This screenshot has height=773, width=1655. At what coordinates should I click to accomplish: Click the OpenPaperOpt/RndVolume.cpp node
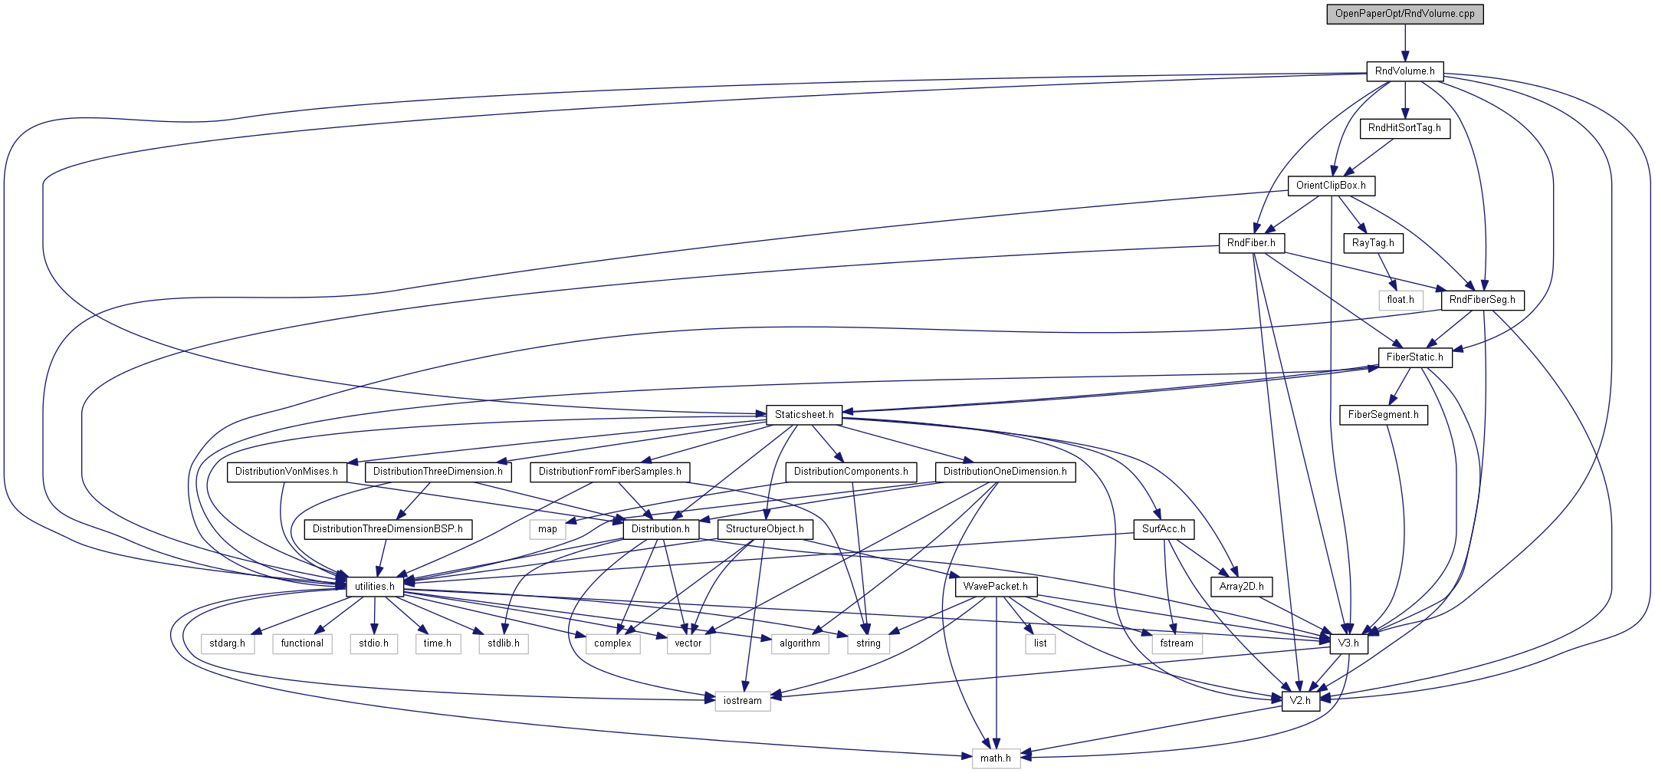click(1404, 14)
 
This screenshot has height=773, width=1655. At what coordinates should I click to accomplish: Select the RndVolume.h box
click(1404, 71)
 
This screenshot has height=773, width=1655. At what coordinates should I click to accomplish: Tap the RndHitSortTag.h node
click(1404, 128)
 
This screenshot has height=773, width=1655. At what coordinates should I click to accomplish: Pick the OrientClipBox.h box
click(1331, 186)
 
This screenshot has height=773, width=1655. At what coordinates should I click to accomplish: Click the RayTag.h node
click(1373, 243)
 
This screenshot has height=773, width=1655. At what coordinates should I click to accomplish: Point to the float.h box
click(1401, 300)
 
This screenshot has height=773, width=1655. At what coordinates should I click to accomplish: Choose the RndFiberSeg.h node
click(1482, 300)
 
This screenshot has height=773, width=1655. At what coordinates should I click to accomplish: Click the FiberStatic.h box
click(1414, 357)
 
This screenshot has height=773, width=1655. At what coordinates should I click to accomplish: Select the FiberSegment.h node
click(1383, 415)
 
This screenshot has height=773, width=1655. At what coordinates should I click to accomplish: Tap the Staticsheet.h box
click(804, 415)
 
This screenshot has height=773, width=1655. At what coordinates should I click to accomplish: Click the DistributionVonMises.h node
click(286, 472)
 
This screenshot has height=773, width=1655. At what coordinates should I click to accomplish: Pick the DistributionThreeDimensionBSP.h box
click(388, 529)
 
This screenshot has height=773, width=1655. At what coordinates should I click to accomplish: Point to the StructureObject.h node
click(764, 529)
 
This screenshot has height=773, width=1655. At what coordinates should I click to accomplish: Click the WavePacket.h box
click(996, 587)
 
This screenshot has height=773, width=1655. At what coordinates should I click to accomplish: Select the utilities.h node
click(374, 587)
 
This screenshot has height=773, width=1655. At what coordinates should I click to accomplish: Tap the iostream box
click(742, 701)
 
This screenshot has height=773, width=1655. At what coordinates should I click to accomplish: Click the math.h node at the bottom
click(995, 758)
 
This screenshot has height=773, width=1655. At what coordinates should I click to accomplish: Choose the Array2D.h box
click(1241, 587)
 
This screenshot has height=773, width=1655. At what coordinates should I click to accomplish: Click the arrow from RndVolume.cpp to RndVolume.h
click(1404, 42)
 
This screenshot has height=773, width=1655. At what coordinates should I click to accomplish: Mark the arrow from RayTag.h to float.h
click(1387, 272)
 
